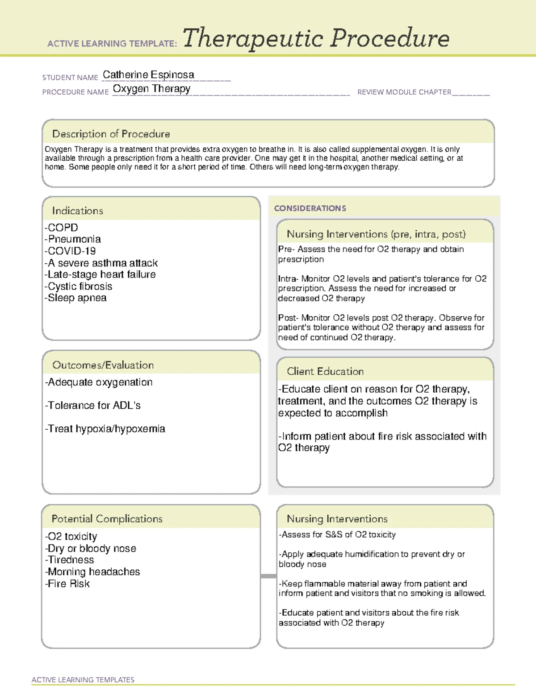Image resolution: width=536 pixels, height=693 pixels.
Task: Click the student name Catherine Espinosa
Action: click(148, 75)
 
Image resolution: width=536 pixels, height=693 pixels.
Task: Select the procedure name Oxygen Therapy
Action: click(151, 89)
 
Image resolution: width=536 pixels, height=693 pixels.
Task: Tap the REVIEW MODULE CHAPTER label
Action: click(404, 92)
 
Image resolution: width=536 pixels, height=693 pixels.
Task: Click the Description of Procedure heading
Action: click(111, 134)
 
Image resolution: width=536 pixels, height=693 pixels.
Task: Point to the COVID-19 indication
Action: click(70, 251)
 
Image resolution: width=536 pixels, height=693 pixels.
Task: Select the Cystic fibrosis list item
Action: click(78, 286)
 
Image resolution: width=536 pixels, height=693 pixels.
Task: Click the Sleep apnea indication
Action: click(75, 298)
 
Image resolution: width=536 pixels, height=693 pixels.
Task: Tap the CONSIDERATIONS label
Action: click(310, 208)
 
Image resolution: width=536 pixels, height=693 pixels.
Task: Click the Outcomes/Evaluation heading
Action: click(103, 365)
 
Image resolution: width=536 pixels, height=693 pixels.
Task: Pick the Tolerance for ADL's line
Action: click(93, 405)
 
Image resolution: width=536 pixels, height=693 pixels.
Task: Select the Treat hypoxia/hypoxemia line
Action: click(105, 429)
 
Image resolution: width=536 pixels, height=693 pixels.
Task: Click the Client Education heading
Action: click(325, 371)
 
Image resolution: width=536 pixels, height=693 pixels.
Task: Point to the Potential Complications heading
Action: click(107, 519)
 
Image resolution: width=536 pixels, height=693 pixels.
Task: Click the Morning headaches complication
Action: click(92, 572)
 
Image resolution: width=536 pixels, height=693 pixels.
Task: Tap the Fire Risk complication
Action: click(67, 584)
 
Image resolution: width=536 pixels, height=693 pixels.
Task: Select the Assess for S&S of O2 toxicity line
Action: click(337, 535)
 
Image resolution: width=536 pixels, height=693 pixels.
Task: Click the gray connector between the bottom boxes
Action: click(268, 576)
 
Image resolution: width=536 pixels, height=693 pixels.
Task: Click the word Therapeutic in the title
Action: click(253, 38)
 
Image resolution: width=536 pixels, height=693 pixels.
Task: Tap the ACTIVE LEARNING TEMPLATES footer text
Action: click(83, 680)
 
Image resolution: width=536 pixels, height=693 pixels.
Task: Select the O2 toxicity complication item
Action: click(71, 536)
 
